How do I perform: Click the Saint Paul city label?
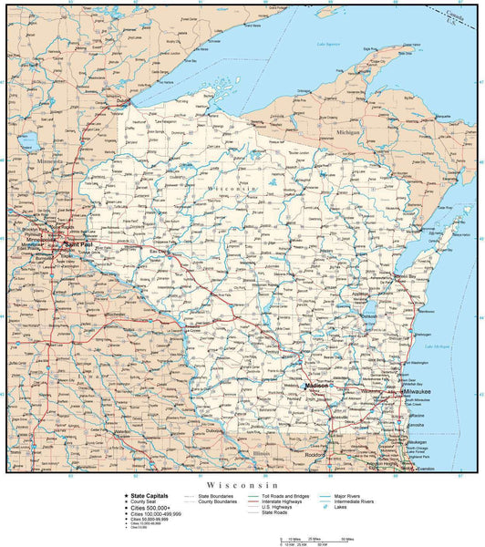(68, 244)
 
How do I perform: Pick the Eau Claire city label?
(159, 251)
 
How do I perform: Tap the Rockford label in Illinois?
(315, 455)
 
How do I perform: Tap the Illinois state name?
(262, 451)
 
